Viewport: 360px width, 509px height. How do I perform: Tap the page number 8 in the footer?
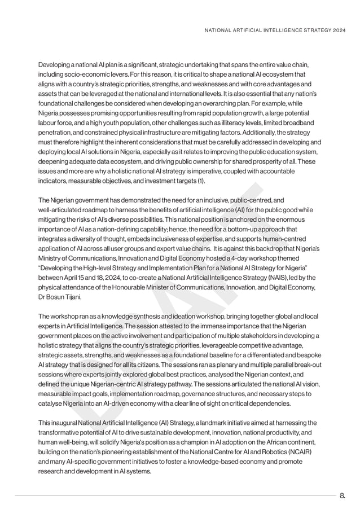pyautogui.click(x=343, y=496)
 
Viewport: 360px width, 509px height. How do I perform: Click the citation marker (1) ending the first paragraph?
pyautogui.click(x=201, y=181)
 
